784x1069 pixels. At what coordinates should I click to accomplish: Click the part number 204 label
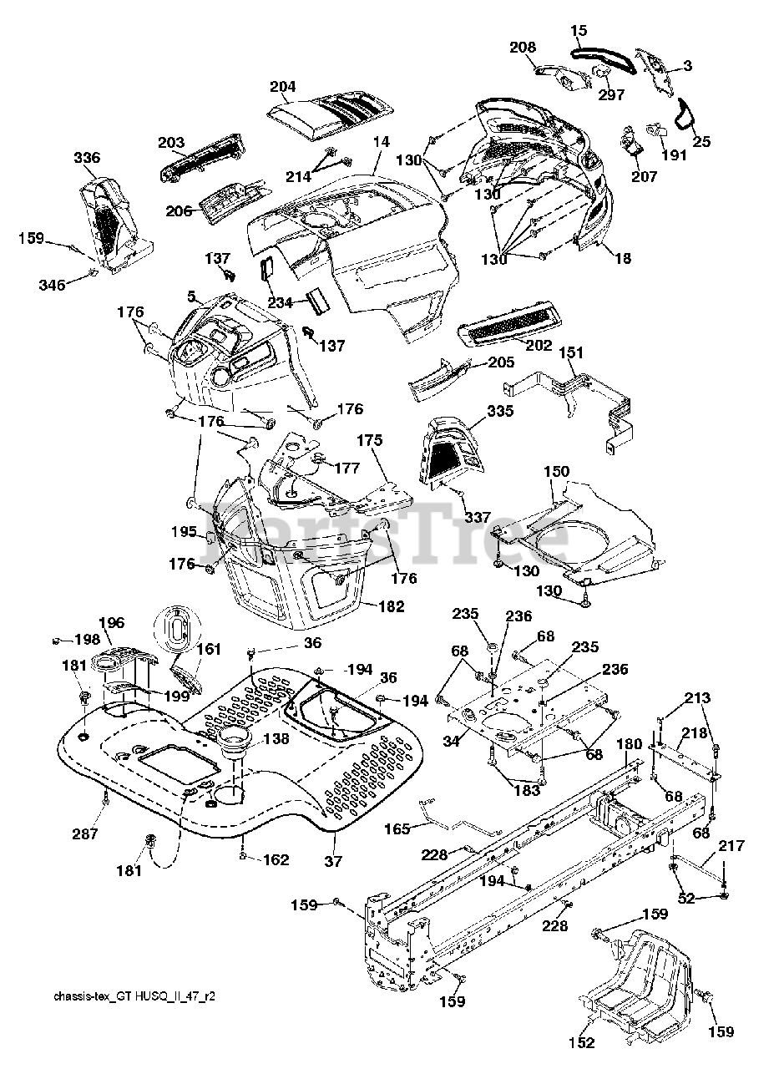(283, 87)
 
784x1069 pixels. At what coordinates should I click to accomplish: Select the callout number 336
(88, 158)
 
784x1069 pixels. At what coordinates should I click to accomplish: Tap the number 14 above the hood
(382, 142)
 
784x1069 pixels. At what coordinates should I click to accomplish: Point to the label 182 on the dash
(392, 606)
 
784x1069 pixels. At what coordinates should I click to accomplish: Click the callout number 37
(333, 861)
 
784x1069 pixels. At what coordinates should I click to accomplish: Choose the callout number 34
(451, 741)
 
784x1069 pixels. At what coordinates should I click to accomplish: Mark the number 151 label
(571, 352)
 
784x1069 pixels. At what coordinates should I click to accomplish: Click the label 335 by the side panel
(500, 411)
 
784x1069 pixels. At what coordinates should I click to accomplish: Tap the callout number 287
(85, 833)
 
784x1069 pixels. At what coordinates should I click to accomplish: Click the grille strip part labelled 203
(203, 157)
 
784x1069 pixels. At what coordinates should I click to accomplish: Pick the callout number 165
(397, 828)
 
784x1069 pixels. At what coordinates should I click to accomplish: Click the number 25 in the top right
(701, 142)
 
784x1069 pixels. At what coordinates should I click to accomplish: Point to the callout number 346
(52, 285)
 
